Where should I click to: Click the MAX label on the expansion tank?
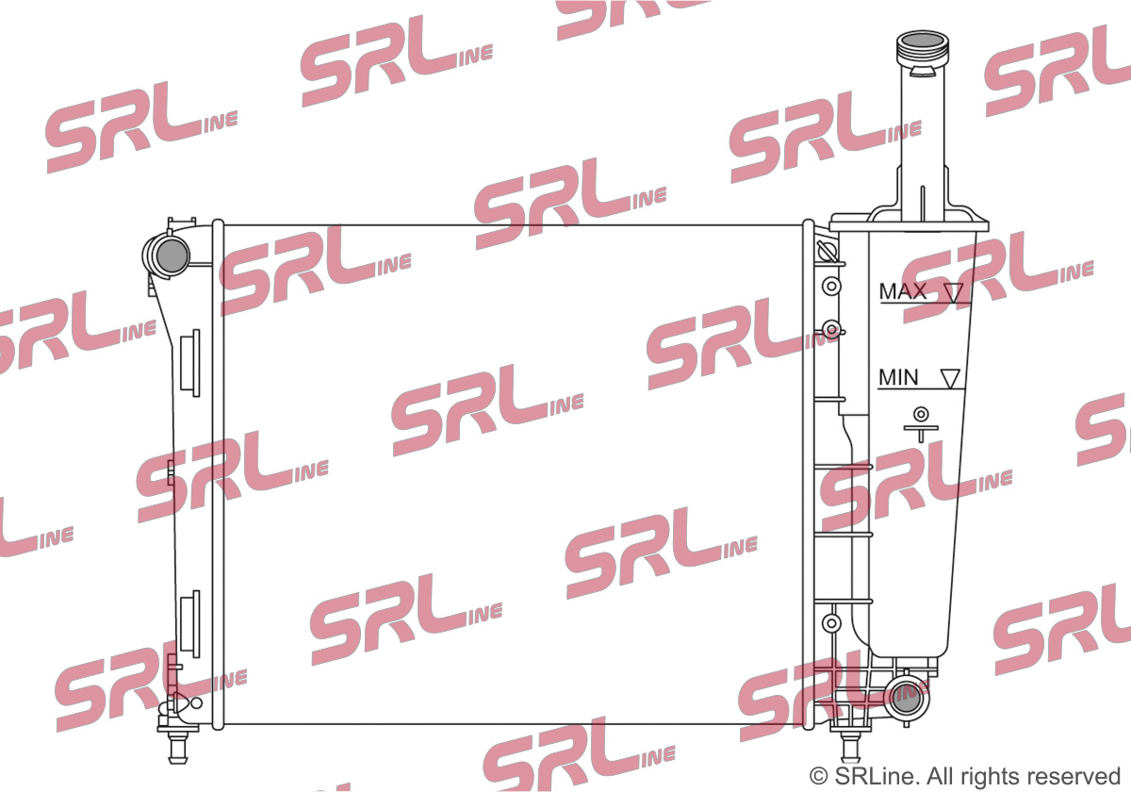903,291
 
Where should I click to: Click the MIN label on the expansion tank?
898,377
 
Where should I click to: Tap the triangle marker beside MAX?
954,293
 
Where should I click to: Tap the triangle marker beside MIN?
950,379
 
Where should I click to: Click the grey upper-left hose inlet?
172,256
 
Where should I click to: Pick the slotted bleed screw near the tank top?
828,250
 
